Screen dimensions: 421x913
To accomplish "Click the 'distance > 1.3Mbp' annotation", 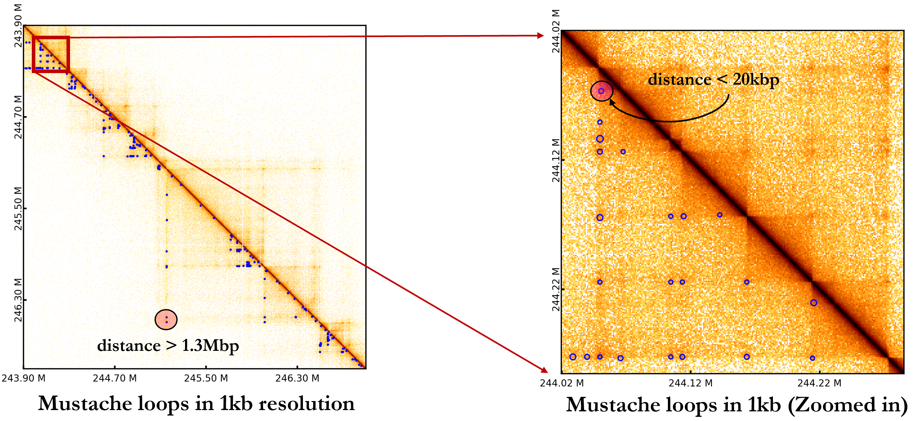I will coord(168,346).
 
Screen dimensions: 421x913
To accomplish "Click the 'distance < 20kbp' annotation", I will coord(713,79).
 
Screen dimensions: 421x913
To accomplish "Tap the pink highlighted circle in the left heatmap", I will coord(166,320).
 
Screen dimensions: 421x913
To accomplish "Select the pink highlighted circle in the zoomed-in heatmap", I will coord(601,91).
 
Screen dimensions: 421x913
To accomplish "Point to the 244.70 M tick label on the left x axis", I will coord(114,379).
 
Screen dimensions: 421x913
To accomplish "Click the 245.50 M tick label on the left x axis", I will coord(206,379).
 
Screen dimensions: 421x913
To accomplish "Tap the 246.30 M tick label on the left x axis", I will coord(297,379).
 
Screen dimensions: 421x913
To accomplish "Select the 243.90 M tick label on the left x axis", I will coord(23,379).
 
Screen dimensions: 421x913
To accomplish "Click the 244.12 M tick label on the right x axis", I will coord(690,383).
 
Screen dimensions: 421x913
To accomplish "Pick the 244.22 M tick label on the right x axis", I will coord(819,383).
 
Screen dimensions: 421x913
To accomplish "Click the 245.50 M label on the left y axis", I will coord(18,208).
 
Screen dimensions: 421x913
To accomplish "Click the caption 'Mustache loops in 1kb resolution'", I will coord(196,404).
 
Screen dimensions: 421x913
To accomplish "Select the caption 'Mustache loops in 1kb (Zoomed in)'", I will coord(737,405).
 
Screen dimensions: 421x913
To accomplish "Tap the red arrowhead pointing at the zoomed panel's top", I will coord(540,35).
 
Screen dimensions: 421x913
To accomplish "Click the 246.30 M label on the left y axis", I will coord(18,300).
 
